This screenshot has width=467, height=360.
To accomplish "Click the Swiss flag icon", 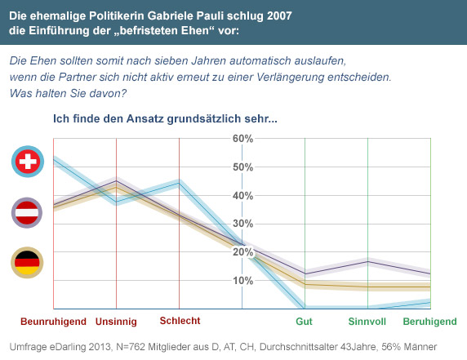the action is click(x=28, y=162).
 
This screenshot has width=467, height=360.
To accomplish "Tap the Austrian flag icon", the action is click(x=27, y=212).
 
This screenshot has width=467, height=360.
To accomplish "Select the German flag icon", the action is click(x=27, y=262).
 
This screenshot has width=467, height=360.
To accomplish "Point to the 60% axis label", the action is click(x=242, y=139).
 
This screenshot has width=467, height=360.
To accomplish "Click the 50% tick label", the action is click(x=242, y=167).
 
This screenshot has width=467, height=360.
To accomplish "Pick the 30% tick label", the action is click(x=242, y=224).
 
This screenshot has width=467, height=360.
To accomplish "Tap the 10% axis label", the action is click(x=242, y=281).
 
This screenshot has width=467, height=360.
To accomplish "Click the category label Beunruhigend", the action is click(x=53, y=322).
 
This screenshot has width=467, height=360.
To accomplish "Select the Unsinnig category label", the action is click(x=116, y=322).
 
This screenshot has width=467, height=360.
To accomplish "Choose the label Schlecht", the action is click(x=180, y=321).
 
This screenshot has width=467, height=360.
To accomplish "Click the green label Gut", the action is click(x=304, y=322).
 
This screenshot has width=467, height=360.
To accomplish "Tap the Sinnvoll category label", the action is click(x=367, y=322).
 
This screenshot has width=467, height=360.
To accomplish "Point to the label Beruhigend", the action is click(x=429, y=322).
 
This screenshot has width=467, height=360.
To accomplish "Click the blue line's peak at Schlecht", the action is click(x=179, y=183).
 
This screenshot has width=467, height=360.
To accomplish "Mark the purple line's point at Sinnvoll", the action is click(x=368, y=261).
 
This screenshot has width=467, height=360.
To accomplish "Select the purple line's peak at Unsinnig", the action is click(x=116, y=180).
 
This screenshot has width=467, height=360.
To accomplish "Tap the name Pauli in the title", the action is click(x=210, y=16).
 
